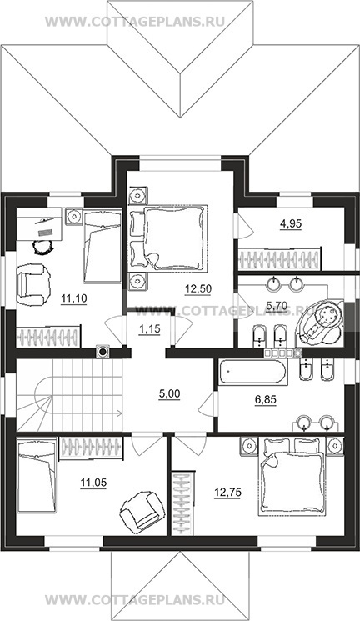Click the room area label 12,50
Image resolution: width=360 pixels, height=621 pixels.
tap(198, 288)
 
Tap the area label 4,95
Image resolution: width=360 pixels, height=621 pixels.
tap(291, 223)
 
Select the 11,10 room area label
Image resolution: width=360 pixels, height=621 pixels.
tap(74, 298)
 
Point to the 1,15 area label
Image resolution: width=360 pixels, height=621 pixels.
tap(149, 328)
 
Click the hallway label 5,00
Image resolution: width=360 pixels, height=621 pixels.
tap(169, 394)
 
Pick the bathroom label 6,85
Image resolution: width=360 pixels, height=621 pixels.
tap(265, 400)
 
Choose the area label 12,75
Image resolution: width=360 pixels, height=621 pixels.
tap(227, 493)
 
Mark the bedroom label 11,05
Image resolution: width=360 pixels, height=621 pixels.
tap(93, 483)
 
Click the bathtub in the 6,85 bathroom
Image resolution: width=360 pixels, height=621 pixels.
tap(252, 372)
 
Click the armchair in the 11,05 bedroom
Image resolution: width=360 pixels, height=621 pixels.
tap(142, 510)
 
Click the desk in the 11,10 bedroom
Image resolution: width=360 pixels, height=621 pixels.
tap(40, 223)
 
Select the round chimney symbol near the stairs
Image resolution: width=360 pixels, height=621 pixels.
tap(102, 351)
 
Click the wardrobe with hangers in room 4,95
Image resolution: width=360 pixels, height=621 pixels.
tap(280, 259)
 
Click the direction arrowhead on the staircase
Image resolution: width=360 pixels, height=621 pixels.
tap(119, 414)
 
